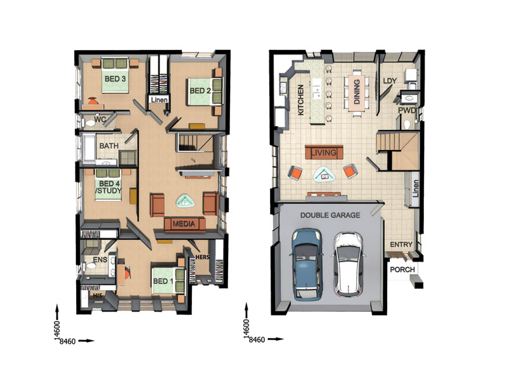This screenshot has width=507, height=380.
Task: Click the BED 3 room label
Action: point(115,79)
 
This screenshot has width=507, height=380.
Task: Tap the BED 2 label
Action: point(200,91)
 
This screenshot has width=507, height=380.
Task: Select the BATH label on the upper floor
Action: point(109,146)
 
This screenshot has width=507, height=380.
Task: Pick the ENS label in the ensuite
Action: point(100,260)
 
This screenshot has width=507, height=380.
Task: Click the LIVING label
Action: point(324,153)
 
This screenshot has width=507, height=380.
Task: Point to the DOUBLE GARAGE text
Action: point(330,215)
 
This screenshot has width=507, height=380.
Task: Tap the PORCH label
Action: point(402,269)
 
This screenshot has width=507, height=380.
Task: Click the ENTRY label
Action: point(402,244)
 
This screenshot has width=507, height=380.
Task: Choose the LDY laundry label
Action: point(390,81)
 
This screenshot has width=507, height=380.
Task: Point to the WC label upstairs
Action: point(100,119)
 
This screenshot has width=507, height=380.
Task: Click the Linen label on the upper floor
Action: point(158,99)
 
